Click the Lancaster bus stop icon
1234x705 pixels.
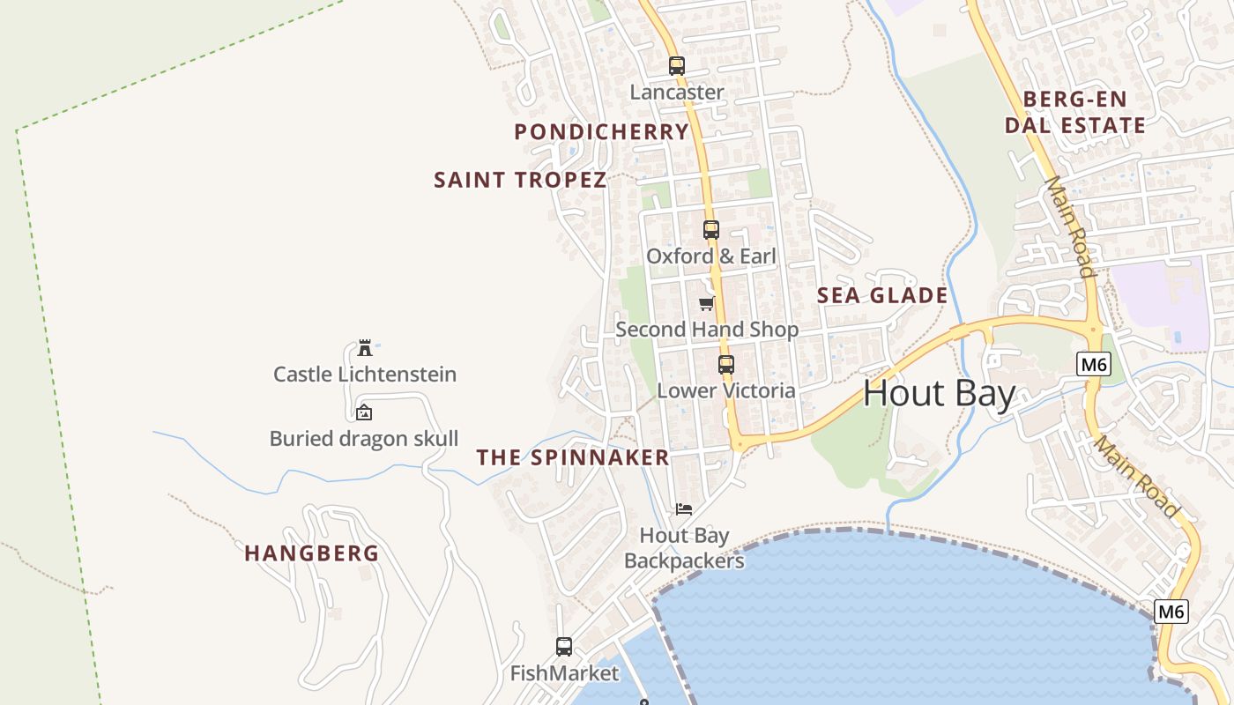coord(676,66)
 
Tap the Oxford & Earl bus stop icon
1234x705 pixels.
coord(710,230)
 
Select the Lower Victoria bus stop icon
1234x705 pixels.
coord(725,365)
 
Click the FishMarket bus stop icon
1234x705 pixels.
coord(564,647)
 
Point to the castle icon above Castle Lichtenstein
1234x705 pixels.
coord(364,348)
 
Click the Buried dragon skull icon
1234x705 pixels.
coord(363,412)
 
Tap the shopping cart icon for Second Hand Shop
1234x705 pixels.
coord(706,304)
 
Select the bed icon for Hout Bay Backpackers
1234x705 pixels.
coord(684,509)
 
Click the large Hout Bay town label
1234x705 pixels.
coord(940,393)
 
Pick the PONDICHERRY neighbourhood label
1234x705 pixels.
coord(601,132)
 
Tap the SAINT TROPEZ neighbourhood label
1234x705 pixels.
coord(520,181)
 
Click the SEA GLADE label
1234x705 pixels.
coord(882,295)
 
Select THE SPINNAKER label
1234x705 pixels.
coord(573,457)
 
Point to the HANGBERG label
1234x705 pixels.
coord(311,553)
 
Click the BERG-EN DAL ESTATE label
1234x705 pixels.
coord(1075,112)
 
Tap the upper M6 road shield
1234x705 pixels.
coord(1093,364)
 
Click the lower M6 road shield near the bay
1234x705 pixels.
coord(1171,612)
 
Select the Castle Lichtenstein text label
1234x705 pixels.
coord(365,375)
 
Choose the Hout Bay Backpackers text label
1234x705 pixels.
coord(684,548)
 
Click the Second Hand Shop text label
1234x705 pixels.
coord(707,330)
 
